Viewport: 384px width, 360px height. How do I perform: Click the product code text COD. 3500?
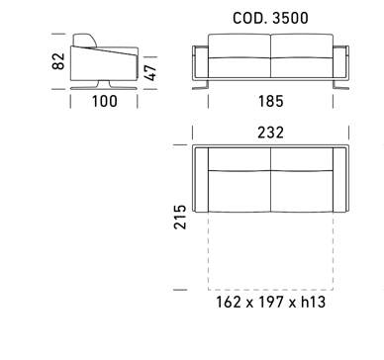(270, 18)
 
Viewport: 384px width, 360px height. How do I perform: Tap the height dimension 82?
(58, 61)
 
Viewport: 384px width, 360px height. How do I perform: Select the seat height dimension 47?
(150, 72)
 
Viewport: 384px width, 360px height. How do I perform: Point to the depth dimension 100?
(104, 101)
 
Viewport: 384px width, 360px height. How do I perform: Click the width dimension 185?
(270, 101)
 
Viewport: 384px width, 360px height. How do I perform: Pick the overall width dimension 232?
(270, 133)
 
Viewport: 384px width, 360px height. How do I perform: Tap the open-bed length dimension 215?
(180, 217)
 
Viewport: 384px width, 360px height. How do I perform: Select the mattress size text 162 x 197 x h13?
(270, 302)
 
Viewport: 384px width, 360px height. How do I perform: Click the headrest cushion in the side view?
(85, 40)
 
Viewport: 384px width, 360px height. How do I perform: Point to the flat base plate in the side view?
(104, 88)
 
